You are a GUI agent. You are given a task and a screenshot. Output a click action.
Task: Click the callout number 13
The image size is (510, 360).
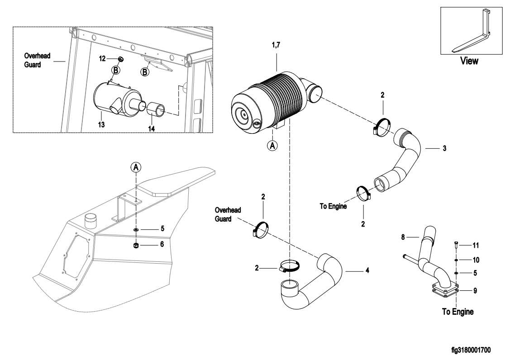(101, 124)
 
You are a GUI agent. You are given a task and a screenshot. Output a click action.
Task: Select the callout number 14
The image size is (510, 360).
(152, 129)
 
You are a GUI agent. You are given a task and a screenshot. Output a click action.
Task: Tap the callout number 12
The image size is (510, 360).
(102, 58)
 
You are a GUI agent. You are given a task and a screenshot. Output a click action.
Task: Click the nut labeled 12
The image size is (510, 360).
(120, 59)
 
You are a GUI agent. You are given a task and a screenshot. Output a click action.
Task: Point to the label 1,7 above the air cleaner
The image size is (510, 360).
(276, 45)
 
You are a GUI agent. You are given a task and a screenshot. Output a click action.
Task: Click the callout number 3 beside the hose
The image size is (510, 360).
(445, 148)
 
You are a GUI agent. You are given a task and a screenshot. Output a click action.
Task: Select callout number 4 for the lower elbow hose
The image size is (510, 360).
(367, 270)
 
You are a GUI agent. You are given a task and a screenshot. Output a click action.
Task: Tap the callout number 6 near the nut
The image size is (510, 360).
(162, 244)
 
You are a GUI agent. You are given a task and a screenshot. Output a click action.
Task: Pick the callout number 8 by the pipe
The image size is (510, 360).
(403, 237)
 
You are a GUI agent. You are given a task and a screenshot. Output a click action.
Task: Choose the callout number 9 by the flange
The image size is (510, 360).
(475, 290)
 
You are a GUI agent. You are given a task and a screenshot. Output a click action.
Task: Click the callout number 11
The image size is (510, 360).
(476, 246)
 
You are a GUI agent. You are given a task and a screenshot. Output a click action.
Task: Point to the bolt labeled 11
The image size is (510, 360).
(456, 245)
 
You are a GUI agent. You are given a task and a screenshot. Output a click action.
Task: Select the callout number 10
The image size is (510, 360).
(476, 260)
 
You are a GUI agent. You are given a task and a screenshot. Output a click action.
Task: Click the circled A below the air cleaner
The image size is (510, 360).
(272, 145)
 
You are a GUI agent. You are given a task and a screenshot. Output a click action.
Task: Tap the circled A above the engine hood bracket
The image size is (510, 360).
(136, 167)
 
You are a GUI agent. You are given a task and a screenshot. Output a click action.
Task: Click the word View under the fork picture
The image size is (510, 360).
(469, 61)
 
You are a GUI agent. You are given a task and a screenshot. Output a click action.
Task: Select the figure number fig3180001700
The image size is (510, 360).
(471, 350)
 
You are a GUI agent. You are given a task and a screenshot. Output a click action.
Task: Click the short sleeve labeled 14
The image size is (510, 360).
(156, 109)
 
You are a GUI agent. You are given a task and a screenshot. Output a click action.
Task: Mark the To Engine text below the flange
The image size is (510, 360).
(458, 312)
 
